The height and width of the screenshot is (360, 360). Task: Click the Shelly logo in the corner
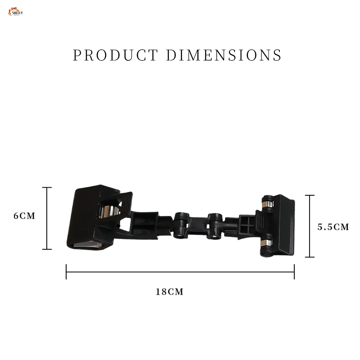click(x=15, y=11)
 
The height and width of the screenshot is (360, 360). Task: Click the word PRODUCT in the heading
click(x=115, y=55)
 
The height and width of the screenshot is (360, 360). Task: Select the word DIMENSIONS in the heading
click(x=224, y=55)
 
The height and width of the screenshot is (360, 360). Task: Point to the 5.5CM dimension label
click(x=333, y=227)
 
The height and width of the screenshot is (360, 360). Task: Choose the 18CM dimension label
click(x=170, y=292)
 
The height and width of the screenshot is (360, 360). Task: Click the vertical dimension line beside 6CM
click(x=47, y=218)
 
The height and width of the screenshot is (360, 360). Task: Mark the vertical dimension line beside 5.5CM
click(x=309, y=226)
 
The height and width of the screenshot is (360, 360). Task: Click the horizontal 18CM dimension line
click(x=180, y=272)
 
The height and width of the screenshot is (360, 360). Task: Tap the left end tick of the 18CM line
click(x=66, y=272)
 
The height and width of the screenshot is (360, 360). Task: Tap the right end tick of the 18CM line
click(x=294, y=272)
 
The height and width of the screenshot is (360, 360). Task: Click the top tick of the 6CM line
click(x=47, y=188)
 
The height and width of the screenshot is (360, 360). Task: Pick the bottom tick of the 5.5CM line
click(x=309, y=257)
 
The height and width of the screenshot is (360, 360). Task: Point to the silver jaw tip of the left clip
click(x=88, y=244)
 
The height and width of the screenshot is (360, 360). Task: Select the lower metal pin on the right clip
click(x=268, y=244)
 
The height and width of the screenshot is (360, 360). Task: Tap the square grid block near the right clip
click(x=247, y=224)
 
